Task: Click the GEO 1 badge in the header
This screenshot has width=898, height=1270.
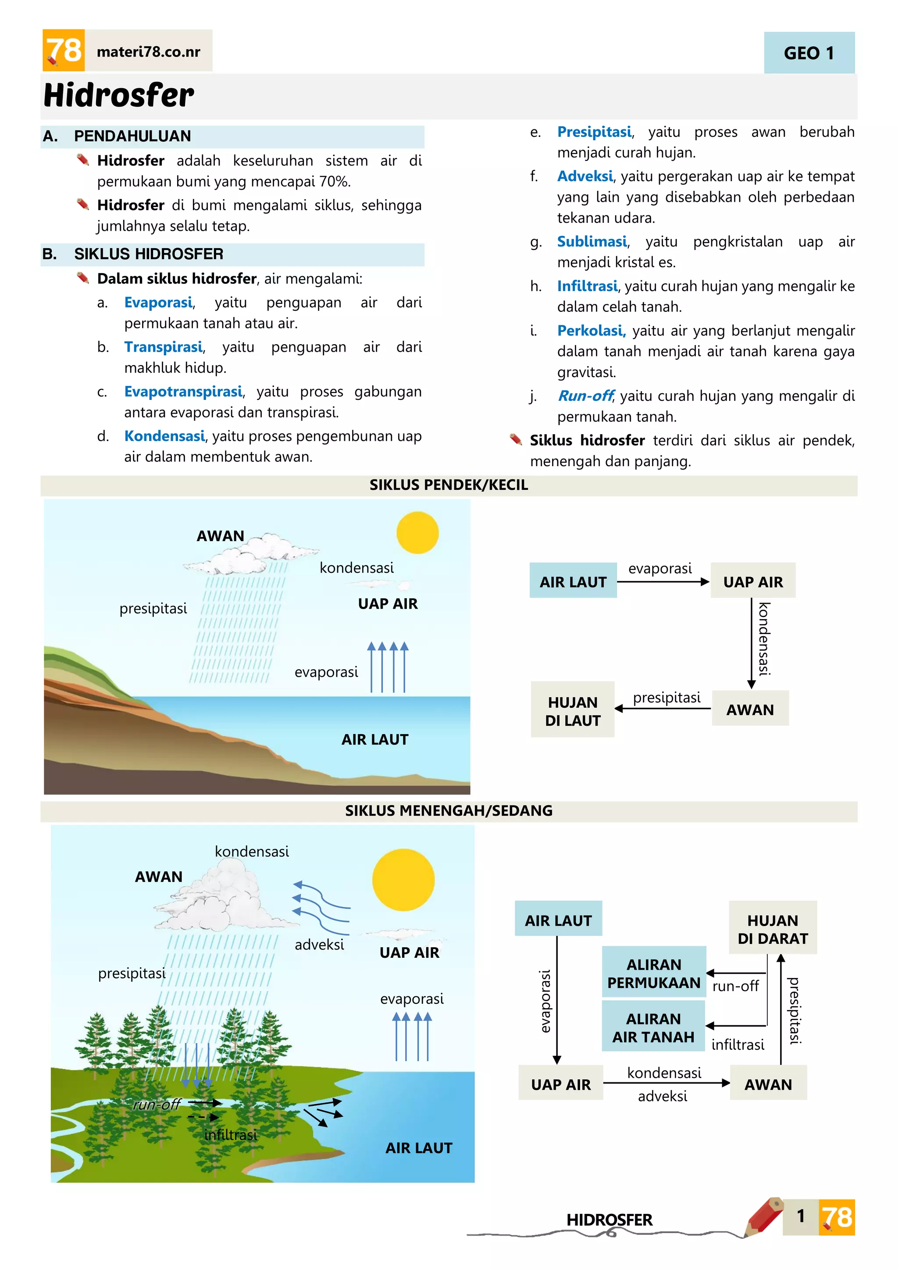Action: point(809,53)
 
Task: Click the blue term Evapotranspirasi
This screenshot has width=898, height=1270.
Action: point(183,392)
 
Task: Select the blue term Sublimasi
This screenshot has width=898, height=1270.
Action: point(592,242)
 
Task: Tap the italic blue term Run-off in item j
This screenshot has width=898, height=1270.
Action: point(585,396)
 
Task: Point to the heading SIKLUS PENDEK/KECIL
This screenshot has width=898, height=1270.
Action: point(449,485)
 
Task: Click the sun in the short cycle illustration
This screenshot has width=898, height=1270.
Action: point(417,533)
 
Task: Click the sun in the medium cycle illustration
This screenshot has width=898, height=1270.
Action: point(403,880)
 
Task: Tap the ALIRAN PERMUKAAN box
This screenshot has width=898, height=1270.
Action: point(654,974)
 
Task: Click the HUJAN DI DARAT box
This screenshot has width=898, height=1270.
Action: point(773,929)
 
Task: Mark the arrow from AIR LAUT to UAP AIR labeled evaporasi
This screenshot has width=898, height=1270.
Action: point(663,582)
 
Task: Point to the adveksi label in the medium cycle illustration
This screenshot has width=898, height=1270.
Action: point(319,945)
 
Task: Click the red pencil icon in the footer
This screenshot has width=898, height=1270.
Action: point(764,1216)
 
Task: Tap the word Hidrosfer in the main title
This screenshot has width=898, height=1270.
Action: point(119,95)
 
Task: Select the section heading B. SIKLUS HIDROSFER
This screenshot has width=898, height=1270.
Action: point(148,254)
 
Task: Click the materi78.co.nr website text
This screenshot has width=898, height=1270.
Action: point(148,52)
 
